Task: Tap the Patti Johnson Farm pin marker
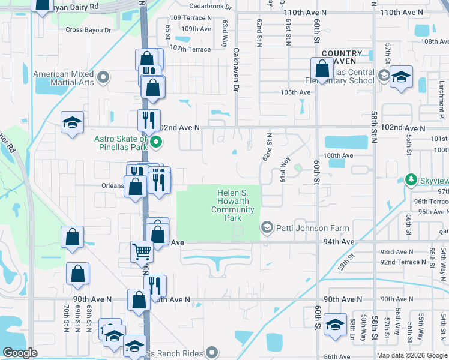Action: (267, 227)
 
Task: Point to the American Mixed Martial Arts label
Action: (64, 77)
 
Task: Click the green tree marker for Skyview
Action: (411, 179)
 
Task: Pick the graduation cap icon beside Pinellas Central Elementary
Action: (400, 77)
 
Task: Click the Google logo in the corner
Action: (20, 353)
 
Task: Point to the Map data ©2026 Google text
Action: (412, 355)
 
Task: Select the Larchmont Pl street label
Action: (441, 95)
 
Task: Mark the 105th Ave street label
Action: (295, 92)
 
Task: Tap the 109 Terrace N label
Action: (191, 18)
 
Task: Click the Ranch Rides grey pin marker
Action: (212, 352)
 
